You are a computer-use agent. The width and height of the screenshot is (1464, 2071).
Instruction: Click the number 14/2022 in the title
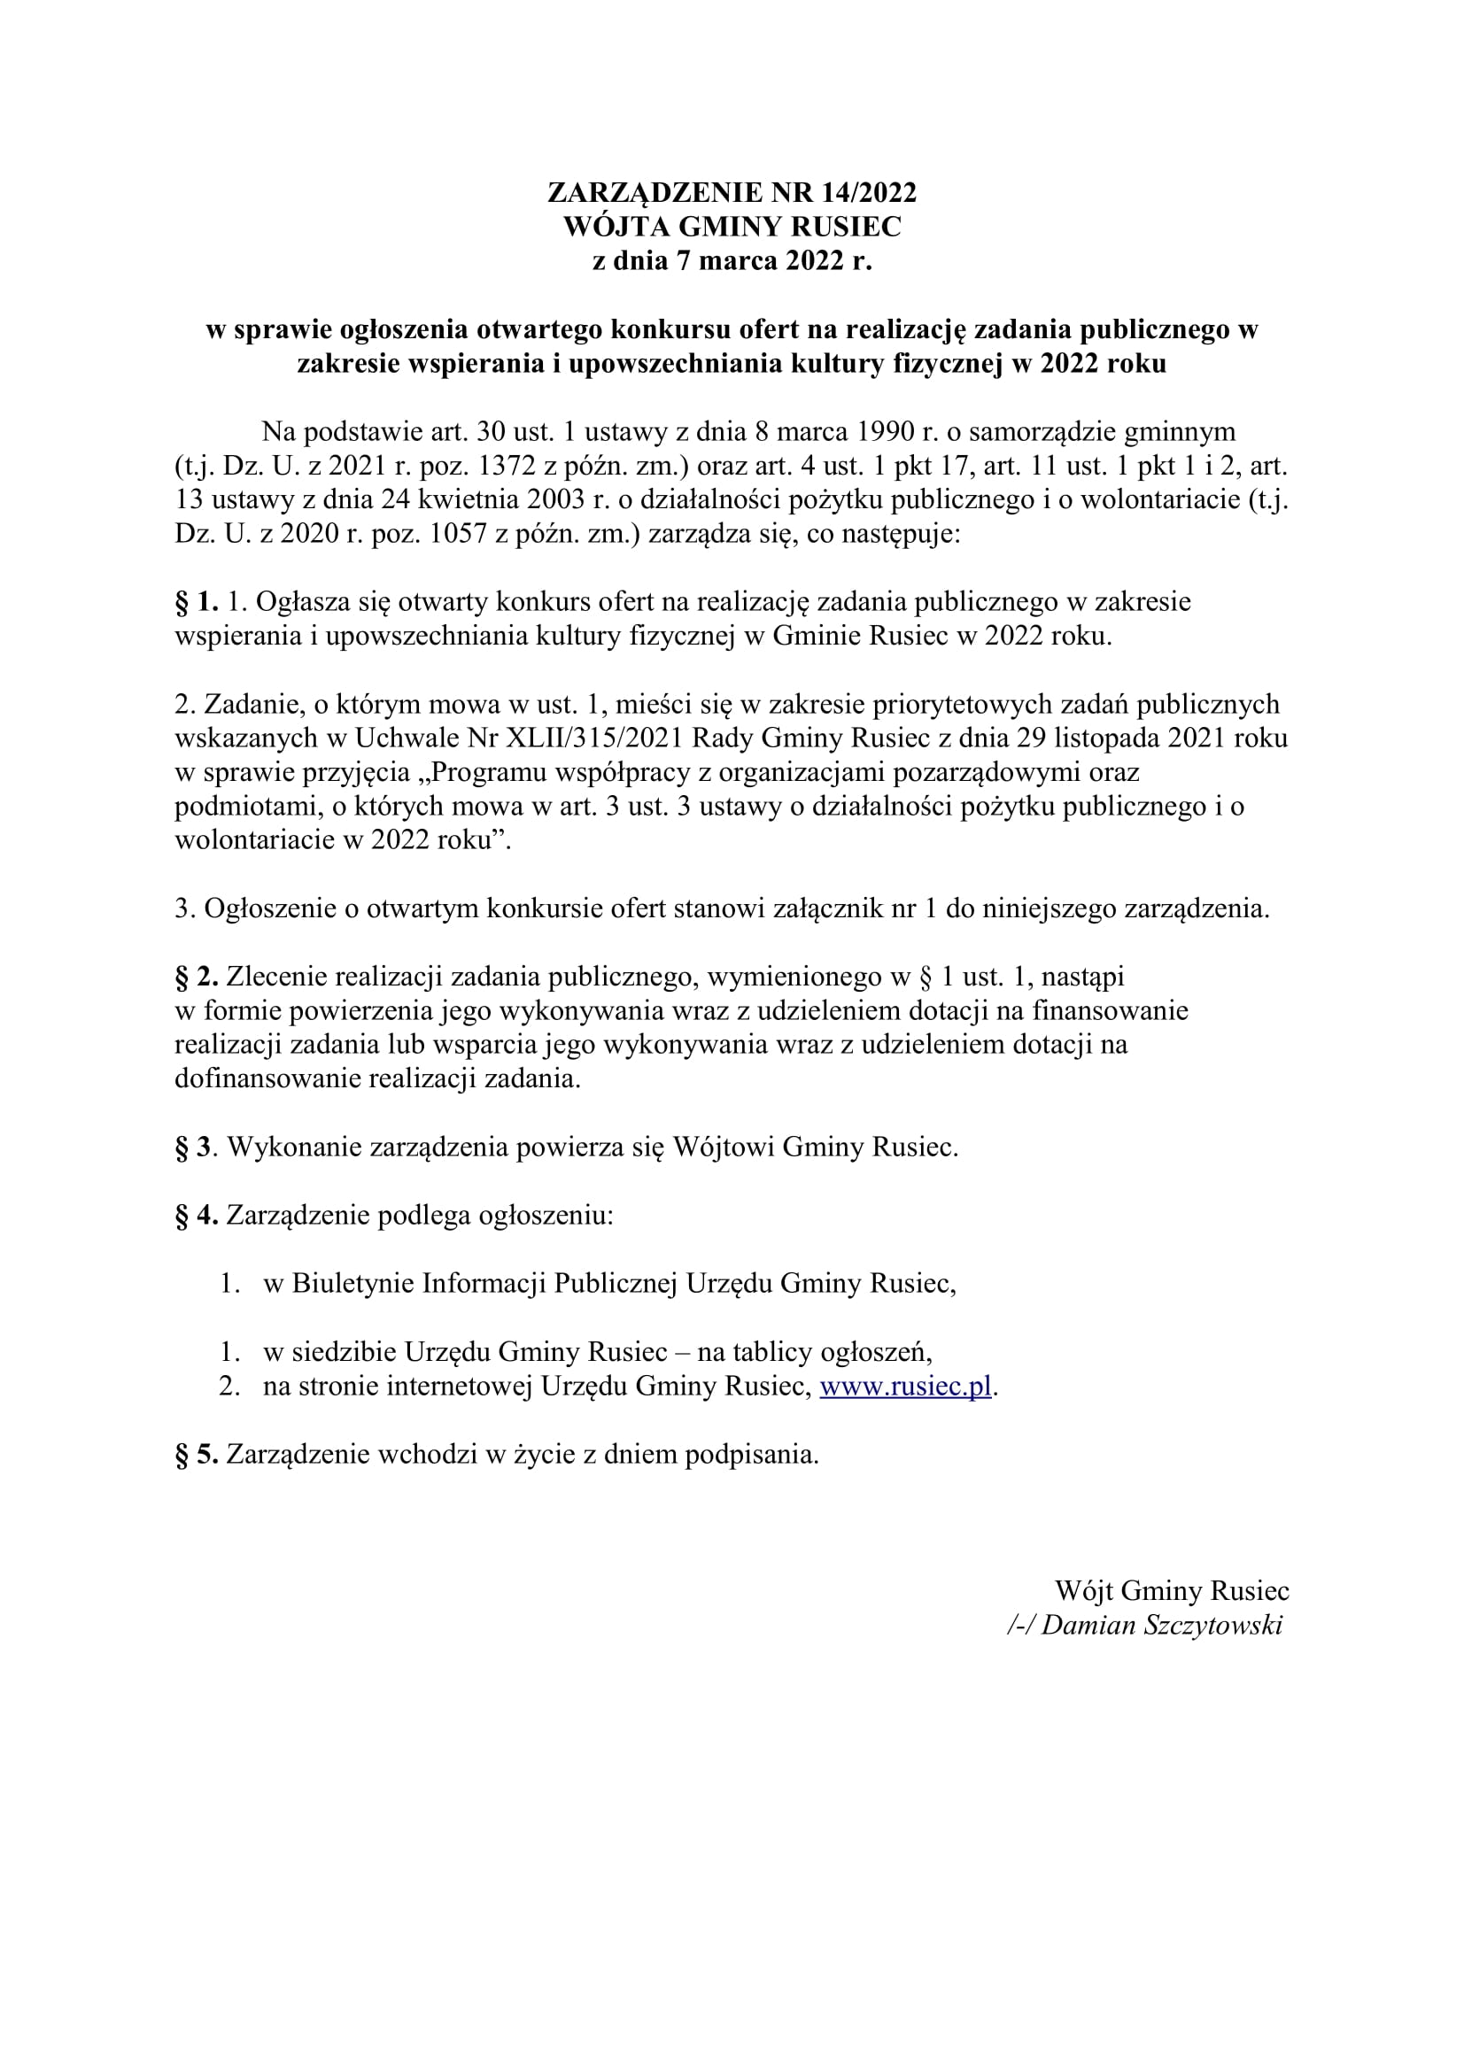click(x=868, y=193)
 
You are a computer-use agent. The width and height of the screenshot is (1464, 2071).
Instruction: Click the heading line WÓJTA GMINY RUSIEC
click(x=732, y=228)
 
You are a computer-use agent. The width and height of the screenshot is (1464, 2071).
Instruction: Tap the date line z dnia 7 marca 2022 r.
click(x=732, y=261)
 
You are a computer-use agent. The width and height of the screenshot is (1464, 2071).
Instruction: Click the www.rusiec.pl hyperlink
click(x=906, y=1386)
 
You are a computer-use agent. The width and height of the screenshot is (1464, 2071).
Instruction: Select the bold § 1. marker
click(x=197, y=601)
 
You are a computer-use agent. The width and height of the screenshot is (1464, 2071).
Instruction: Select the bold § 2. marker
click(x=197, y=976)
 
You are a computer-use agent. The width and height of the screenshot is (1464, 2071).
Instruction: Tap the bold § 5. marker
click(x=197, y=1454)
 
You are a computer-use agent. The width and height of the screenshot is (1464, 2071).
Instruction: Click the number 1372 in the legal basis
click(x=488, y=468)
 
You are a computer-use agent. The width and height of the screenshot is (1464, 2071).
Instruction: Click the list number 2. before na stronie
click(x=229, y=1386)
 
